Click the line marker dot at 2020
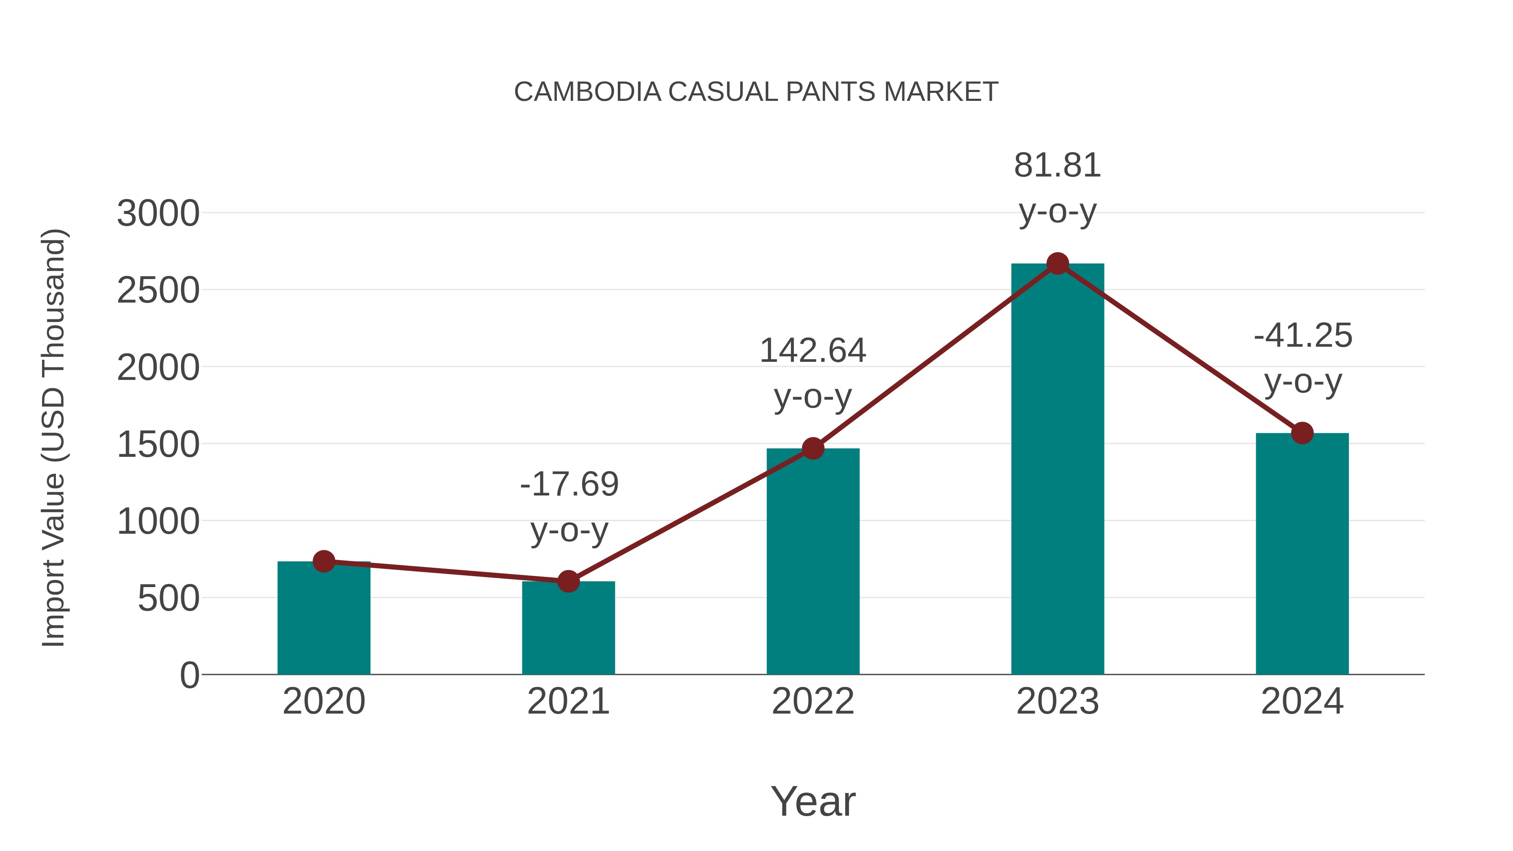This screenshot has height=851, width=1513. click(324, 561)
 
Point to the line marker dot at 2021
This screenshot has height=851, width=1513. click(568, 582)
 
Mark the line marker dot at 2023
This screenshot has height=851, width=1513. click(1057, 263)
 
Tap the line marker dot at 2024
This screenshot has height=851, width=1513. click(1302, 433)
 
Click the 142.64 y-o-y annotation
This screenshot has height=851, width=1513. click(813, 374)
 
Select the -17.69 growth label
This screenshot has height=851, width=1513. click(569, 507)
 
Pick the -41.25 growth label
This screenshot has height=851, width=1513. click(1303, 358)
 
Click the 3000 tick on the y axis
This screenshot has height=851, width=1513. click(158, 213)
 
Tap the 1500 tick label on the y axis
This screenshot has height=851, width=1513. click(158, 445)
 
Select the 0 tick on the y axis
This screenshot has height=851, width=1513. click(189, 675)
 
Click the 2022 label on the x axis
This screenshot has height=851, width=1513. click(813, 701)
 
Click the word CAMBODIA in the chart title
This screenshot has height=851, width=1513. click(588, 92)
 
